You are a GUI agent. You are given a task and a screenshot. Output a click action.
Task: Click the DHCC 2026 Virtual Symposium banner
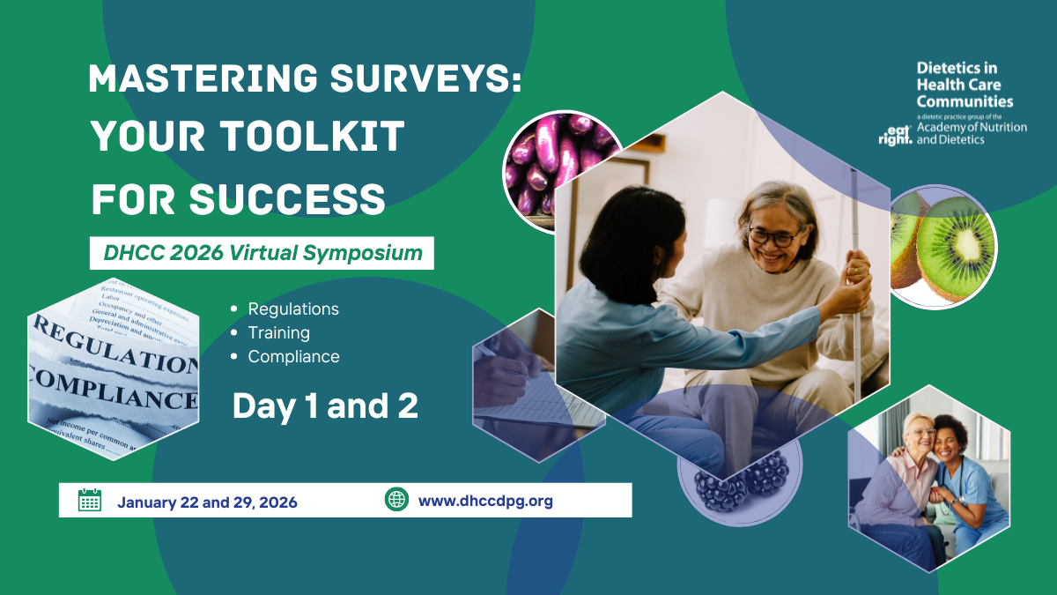(x=262, y=254)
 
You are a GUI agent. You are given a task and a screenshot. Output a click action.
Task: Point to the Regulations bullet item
(x=293, y=309)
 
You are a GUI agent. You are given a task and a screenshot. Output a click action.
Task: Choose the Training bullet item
(x=278, y=333)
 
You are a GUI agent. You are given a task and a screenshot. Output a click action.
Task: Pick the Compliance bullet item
(x=293, y=357)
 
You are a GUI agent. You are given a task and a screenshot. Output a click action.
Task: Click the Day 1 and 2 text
(x=325, y=405)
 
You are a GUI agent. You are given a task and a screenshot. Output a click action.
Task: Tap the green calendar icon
(x=90, y=500)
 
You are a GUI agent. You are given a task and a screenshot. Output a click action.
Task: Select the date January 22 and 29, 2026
(x=207, y=502)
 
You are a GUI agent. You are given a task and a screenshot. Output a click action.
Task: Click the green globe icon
(x=397, y=499)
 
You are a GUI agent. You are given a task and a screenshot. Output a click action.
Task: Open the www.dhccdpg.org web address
(x=485, y=502)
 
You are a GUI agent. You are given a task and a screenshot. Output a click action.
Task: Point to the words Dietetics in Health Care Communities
(x=965, y=85)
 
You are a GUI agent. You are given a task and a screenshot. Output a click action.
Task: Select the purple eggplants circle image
(x=555, y=163)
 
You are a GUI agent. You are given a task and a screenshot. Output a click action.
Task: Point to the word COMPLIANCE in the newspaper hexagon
(x=115, y=389)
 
